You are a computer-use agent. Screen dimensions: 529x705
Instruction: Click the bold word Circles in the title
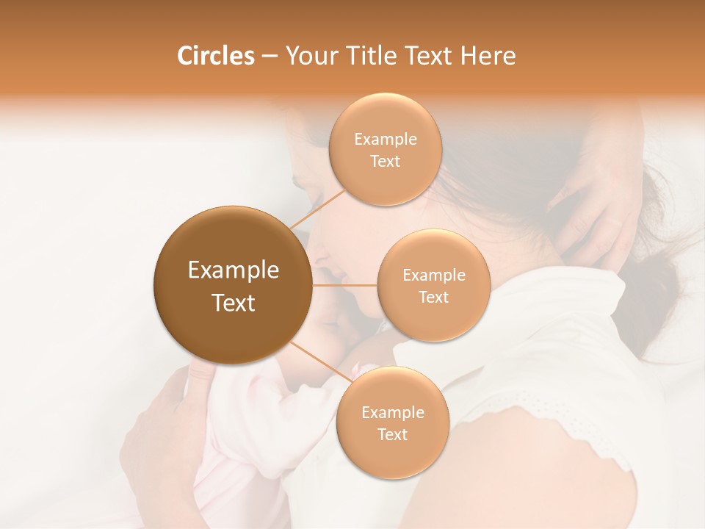[215, 56]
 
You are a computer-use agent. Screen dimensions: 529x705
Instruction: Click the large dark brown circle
[233, 285]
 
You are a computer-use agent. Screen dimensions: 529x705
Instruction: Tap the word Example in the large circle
[234, 270]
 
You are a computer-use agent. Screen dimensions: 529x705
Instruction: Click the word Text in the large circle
[234, 303]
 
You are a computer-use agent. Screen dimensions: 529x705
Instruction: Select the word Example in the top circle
[386, 140]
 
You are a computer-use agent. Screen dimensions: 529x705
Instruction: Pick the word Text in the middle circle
[433, 298]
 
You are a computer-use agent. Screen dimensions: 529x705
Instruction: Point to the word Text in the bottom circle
[393, 435]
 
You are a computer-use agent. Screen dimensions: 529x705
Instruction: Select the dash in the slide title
[269, 57]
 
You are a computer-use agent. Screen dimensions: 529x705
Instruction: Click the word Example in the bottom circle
[393, 413]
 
